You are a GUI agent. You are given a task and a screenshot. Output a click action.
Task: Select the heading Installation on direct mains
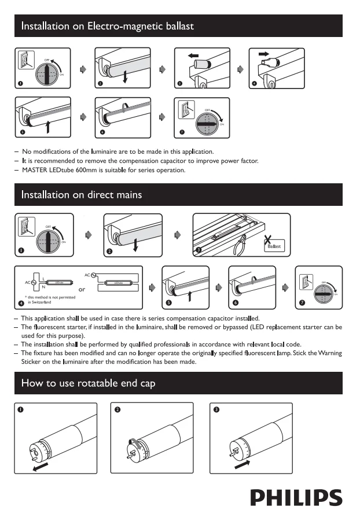coord(81,194)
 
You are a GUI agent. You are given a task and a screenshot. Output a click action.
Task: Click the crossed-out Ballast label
coord(273,246)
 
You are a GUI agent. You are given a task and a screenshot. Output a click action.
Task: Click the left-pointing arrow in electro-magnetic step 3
coord(193,56)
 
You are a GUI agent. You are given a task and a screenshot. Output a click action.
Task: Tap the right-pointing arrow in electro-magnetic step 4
coord(263,54)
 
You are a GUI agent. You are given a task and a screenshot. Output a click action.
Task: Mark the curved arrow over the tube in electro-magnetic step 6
coord(127,106)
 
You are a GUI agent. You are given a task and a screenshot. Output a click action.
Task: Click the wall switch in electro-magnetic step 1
coord(23,60)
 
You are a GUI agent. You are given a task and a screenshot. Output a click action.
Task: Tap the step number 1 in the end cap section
coord(20,409)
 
